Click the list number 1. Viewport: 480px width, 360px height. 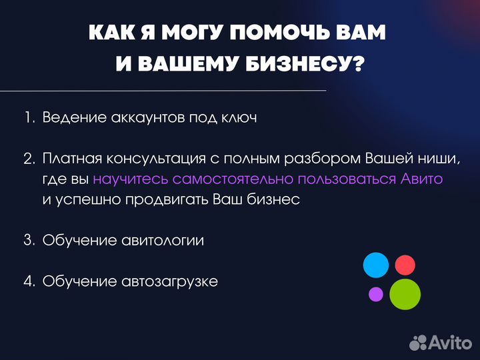pyautogui.click(x=29, y=117)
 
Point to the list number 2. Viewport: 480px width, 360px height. pyautogui.click(x=29, y=159)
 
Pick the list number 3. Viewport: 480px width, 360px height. pyautogui.click(x=29, y=241)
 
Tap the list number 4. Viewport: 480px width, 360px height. pyautogui.click(x=29, y=281)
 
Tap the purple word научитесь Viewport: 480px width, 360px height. pyautogui.click(x=131, y=179)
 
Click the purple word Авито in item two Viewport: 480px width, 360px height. pyautogui.click(x=422, y=179)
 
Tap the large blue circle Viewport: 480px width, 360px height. pyautogui.click(x=375, y=265)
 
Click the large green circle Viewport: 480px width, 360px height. pyautogui.click(x=405, y=294)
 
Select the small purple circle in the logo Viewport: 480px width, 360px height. pyautogui.click(x=376, y=293)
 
